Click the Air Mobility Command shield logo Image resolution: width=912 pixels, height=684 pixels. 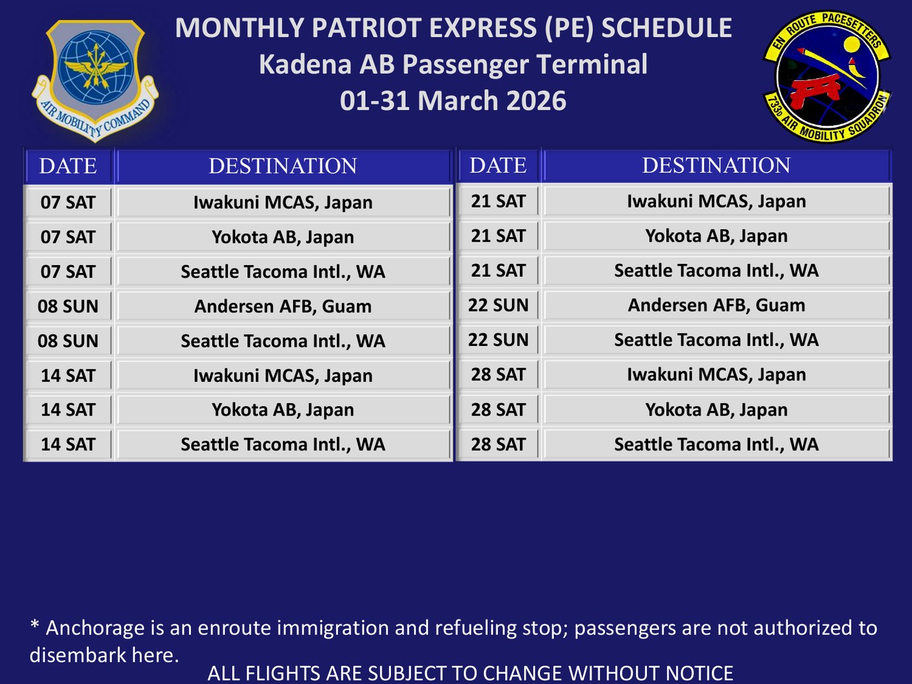pyautogui.click(x=95, y=80)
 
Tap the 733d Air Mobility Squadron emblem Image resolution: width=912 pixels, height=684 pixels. pyautogui.click(x=827, y=76)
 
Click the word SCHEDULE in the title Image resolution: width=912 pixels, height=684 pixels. pyautogui.click(x=666, y=28)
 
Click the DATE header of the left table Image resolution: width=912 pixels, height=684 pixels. pyautogui.click(x=68, y=165)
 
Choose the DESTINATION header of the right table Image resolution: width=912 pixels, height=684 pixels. pyautogui.click(x=717, y=165)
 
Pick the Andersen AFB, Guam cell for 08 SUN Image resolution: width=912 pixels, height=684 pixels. pyautogui.click(x=283, y=306)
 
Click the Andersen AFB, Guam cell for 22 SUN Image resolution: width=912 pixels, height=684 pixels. pyautogui.click(x=717, y=305)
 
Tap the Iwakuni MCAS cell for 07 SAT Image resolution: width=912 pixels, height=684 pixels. pyautogui.click(x=283, y=202)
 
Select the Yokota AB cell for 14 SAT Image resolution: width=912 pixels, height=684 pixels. pyautogui.click(x=283, y=410)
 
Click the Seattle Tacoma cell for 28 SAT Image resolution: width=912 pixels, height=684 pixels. pyautogui.click(x=717, y=444)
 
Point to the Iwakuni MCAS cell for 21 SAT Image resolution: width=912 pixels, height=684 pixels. pyautogui.click(x=717, y=201)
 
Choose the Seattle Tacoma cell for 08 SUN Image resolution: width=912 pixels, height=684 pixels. pyautogui.click(x=283, y=341)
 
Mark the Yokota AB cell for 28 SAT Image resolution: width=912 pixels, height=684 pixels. pyautogui.click(x=717, y=410)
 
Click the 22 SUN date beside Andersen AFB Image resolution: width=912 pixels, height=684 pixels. pyautogui.click(x=498, y=305)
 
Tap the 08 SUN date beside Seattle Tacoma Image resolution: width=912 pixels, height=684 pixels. pyautogui.click(x=68, y=341)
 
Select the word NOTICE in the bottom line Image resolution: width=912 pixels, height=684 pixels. pyautogui.click(x=699, y=673)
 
